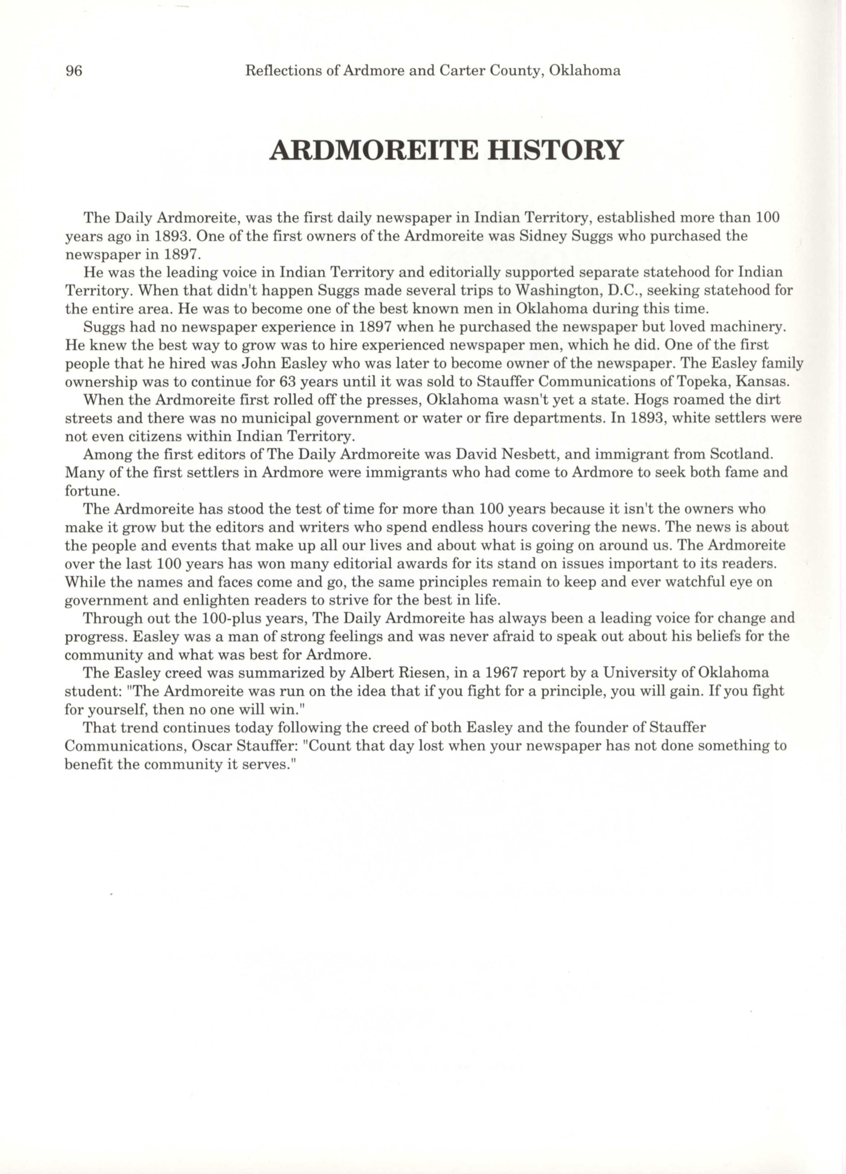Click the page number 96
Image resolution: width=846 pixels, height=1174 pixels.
pos(74,71)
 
